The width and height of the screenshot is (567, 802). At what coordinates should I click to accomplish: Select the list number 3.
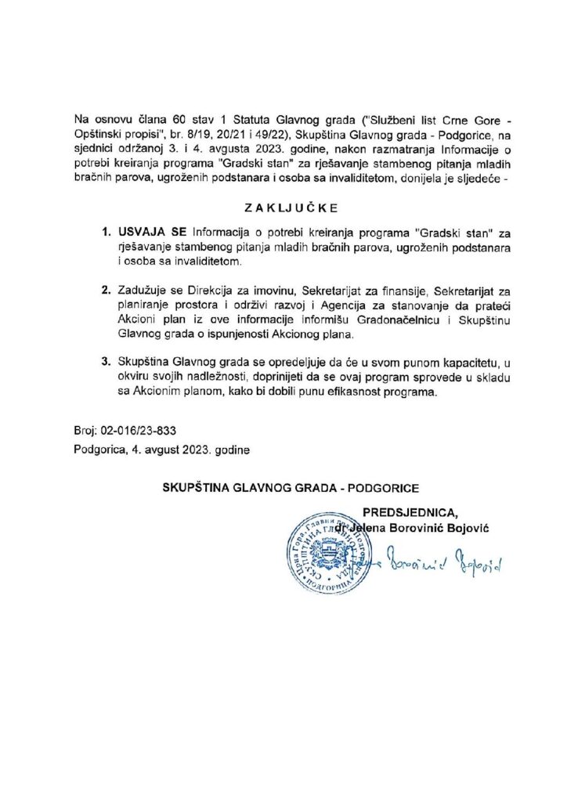tap(106, 362)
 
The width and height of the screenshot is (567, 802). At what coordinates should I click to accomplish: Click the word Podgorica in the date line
tap(98, 450)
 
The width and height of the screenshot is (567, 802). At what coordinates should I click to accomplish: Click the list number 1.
tap(106, 233)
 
